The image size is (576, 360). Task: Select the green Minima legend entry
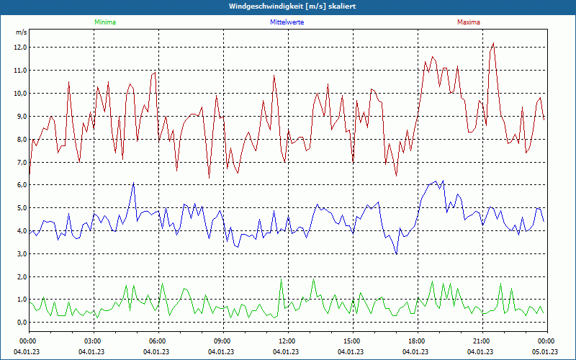(x=104, y=22)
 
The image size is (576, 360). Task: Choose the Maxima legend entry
(x=468, y=22)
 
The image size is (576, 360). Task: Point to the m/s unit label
(x=21, y=33)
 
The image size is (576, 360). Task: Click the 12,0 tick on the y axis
(x=20, y=48)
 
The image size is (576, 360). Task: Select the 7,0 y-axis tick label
(x=20, y=162)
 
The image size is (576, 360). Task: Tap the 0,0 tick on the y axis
(x=20, y=323)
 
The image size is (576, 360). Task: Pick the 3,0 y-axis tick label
(x=20, y=254)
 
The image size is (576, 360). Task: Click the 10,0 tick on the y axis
(x=20, y=94)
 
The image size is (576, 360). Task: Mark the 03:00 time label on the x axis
(x=93, y=341)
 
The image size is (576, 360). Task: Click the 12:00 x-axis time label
(x=287, y=341)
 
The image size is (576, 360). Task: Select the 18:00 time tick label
(x=417, y=341)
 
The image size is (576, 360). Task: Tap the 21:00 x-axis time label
(x=482, y=341)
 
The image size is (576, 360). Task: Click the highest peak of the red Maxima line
(x=493, y=43)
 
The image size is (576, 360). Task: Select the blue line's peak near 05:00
(x=133, y=184)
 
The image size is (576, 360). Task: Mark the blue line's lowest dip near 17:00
(x=397, y=253)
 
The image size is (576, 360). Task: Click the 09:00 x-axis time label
(x=222, y=341)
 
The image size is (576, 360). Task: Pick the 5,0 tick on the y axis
(x=20, y=208)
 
